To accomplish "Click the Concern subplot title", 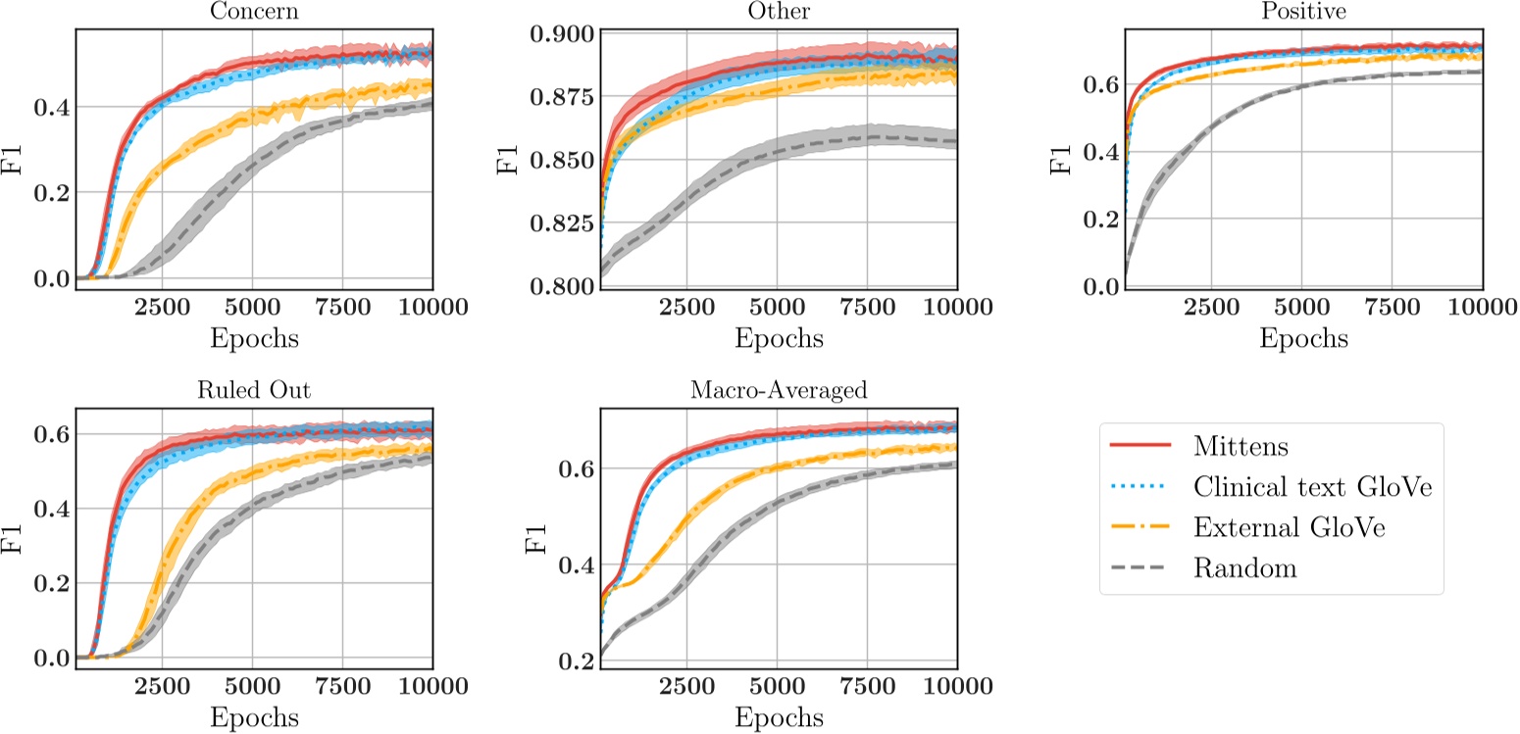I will [254, 11].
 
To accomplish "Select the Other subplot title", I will [778, 11].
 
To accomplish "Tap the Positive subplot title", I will [1302, 11].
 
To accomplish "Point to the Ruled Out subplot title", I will [254, 389].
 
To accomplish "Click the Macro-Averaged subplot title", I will [778, 389].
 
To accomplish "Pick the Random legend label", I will [1239, 568].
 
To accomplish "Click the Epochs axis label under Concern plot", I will [254, 339].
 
